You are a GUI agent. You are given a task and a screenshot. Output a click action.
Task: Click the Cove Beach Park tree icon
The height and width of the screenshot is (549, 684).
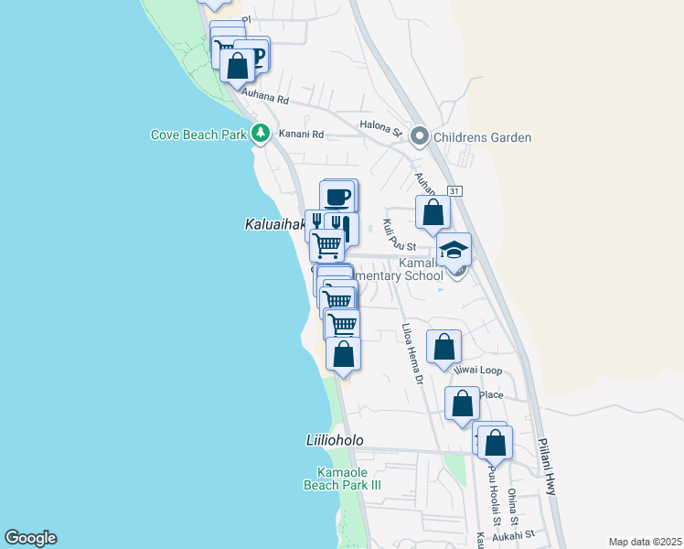[261, 135]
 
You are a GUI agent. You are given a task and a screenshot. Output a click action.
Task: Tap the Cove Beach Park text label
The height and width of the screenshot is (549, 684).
[199, 135]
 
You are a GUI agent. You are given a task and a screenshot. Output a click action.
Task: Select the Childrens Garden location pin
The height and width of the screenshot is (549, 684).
[420, 137]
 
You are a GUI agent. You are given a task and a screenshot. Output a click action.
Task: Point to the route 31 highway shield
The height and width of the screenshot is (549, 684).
[454, 190]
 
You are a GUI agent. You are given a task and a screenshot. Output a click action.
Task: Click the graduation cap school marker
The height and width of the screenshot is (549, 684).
[453, 249]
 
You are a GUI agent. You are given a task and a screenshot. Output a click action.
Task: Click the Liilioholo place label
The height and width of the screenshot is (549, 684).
[334, 440]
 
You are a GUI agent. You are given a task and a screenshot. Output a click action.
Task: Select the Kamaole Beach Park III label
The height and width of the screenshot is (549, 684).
[347, 479]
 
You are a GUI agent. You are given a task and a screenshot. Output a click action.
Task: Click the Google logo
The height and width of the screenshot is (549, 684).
[30, 538]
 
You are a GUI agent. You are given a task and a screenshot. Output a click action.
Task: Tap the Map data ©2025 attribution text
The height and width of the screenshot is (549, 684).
[645, 542]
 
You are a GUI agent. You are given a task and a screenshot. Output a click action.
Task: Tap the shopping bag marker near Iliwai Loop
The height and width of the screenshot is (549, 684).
[444, 347]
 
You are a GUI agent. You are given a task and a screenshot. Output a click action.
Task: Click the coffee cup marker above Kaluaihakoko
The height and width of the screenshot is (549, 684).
[337, 197]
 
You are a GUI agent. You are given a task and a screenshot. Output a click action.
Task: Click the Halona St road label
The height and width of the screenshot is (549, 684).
[381, 129]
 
